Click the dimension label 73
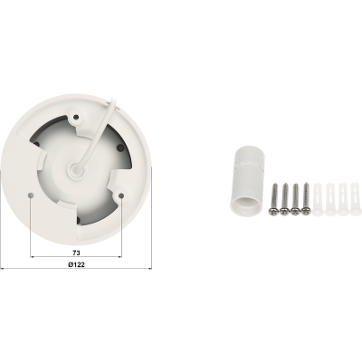[x=76, y=252]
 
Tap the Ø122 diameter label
[x=76, y=264]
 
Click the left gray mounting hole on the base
[x=30, y=195]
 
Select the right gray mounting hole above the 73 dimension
[x=121, y=196]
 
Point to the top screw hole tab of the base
[x=76, y=117]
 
